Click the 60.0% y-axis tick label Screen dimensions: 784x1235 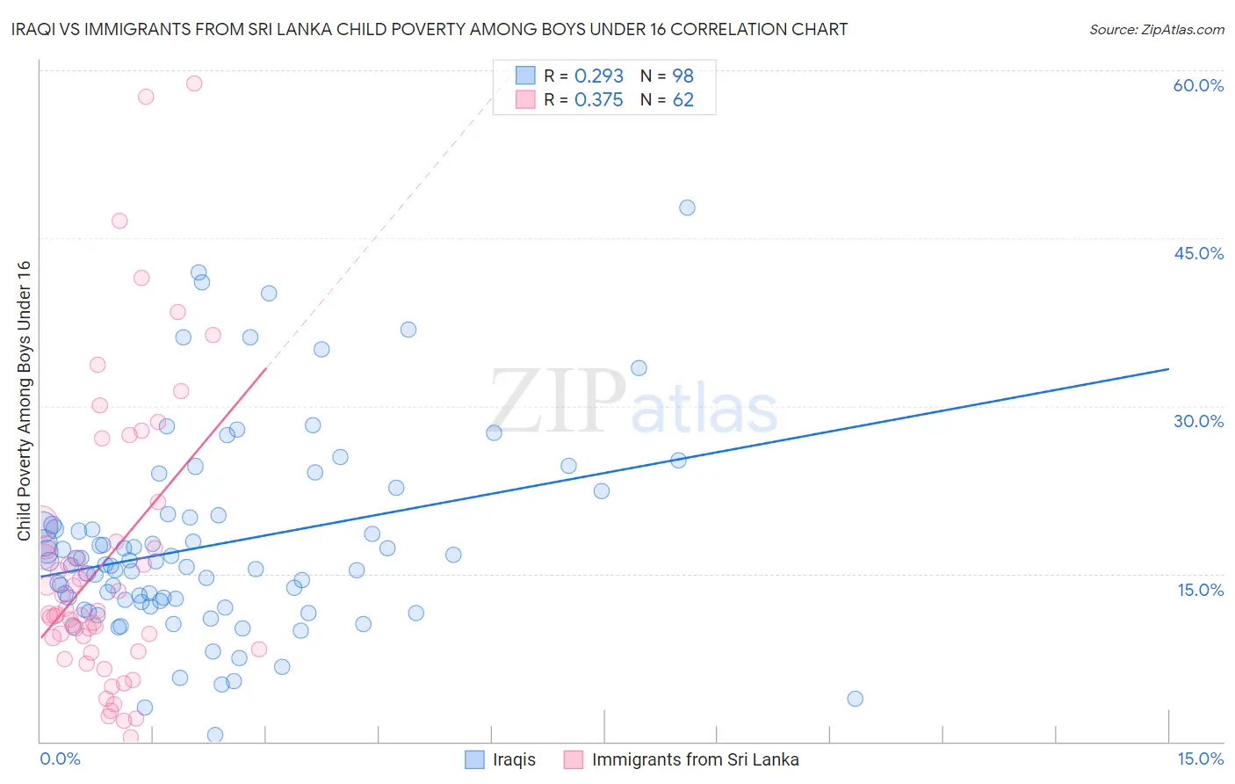pyautogui.click(x=1198, y=85)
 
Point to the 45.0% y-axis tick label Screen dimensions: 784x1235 pyautogui.click(x=1198, y=253)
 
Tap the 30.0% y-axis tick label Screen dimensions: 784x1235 pyautogui.click(x=1198, y=421)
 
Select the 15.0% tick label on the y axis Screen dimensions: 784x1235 pyautogui.click(x=1200, y=589)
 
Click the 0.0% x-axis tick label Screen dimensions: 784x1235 pyautogui.click(x=60, y=759)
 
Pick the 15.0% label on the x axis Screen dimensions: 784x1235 pyautogui.click(x=1200, y=759)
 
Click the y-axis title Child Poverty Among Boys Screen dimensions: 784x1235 pyautogui.click(x=24, y=401)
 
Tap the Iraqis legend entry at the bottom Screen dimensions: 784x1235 pyautogui.click(x=514, y=759)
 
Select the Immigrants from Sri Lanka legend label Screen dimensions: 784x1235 pyautogui.click(x=695, y=759)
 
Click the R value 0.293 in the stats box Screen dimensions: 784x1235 pyautogui.click(x=598, y=76)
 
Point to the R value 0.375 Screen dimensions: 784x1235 pyautogui.click(x=598, y=100)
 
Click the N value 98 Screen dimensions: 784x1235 pyautogui.click(x=682, y=76)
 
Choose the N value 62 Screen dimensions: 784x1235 pyautogui.click(x=682, y=100)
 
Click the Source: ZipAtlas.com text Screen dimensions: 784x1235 pyautogui.click(x=1156, y=29)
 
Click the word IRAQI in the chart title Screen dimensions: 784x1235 pyautogui.click(x=35, y=29)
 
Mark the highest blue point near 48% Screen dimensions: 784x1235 pyautogui.click(x=687, y=207)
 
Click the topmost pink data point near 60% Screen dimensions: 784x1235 pyautogui.click(x=194, y=83)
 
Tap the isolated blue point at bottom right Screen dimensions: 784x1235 pyautogui.click(x=855, y=699)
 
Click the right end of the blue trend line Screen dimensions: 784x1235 pyautogui.click(x=1168, y=369)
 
